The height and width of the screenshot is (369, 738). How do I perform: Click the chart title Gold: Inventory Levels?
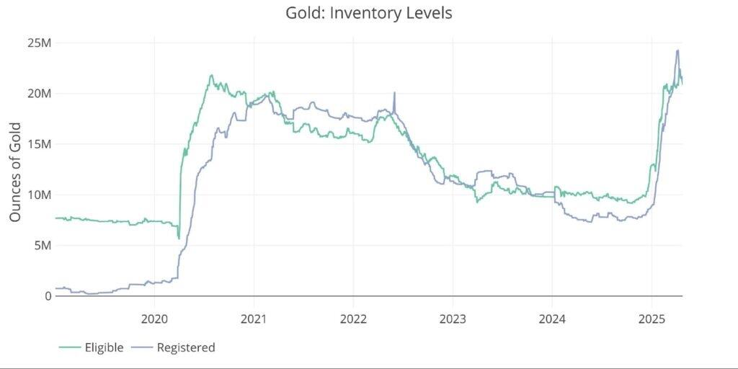click(x=369, y=13)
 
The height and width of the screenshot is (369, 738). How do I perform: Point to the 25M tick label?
click(x=37, y=43)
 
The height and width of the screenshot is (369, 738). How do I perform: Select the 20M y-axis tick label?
click(x=37, y=94)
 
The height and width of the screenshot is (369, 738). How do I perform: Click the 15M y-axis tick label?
click(x=37, y=144)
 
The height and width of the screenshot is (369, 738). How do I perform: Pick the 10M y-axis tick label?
click(x=37, y=195)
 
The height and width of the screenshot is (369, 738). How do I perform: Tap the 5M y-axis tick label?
click(x=40, y=246)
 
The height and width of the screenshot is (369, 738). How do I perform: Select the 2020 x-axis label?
click(x=154, y=318)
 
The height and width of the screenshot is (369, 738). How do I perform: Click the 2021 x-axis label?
click(x=254, y=318)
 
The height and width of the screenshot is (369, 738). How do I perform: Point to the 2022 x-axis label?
click(x=353, y=318)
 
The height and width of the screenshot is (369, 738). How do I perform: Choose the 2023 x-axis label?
click(x=453, y=318)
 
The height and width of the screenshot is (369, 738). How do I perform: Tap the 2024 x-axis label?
click(x=552, y=318)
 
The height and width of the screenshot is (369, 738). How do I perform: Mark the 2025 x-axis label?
click(x=652, y=318)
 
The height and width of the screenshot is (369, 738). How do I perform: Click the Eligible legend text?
click(x=105, y=347)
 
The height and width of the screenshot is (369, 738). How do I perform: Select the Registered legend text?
click(x=185, y=347)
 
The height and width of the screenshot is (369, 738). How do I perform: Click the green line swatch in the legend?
click(x=70, y=348)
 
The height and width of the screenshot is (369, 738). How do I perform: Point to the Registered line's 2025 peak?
click(x=677, y=50)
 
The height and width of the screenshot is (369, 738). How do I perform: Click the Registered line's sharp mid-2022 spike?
click(x=394, y=93)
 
